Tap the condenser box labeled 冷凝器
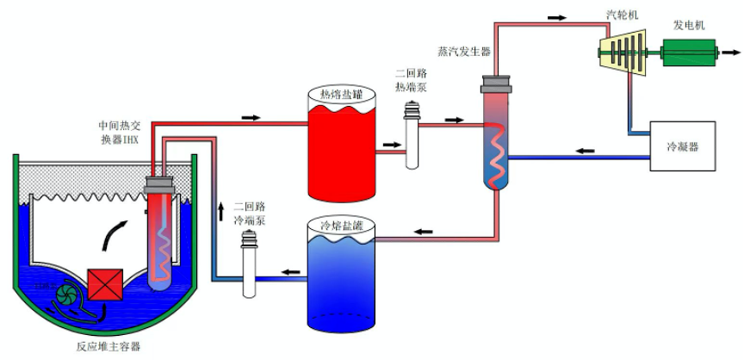(682, 146)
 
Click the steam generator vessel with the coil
(497, 138)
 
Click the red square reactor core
(106, 287)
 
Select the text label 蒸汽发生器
(464, 52)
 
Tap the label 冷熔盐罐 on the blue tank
(340, 226)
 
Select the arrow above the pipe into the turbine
(558, 17)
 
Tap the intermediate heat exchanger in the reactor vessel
(160, 233)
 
